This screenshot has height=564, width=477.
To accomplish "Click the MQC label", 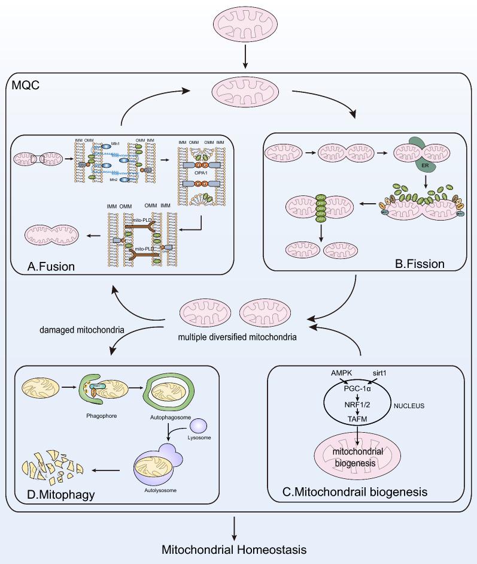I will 26,86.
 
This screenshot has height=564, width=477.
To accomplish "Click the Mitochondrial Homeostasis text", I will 238,549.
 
